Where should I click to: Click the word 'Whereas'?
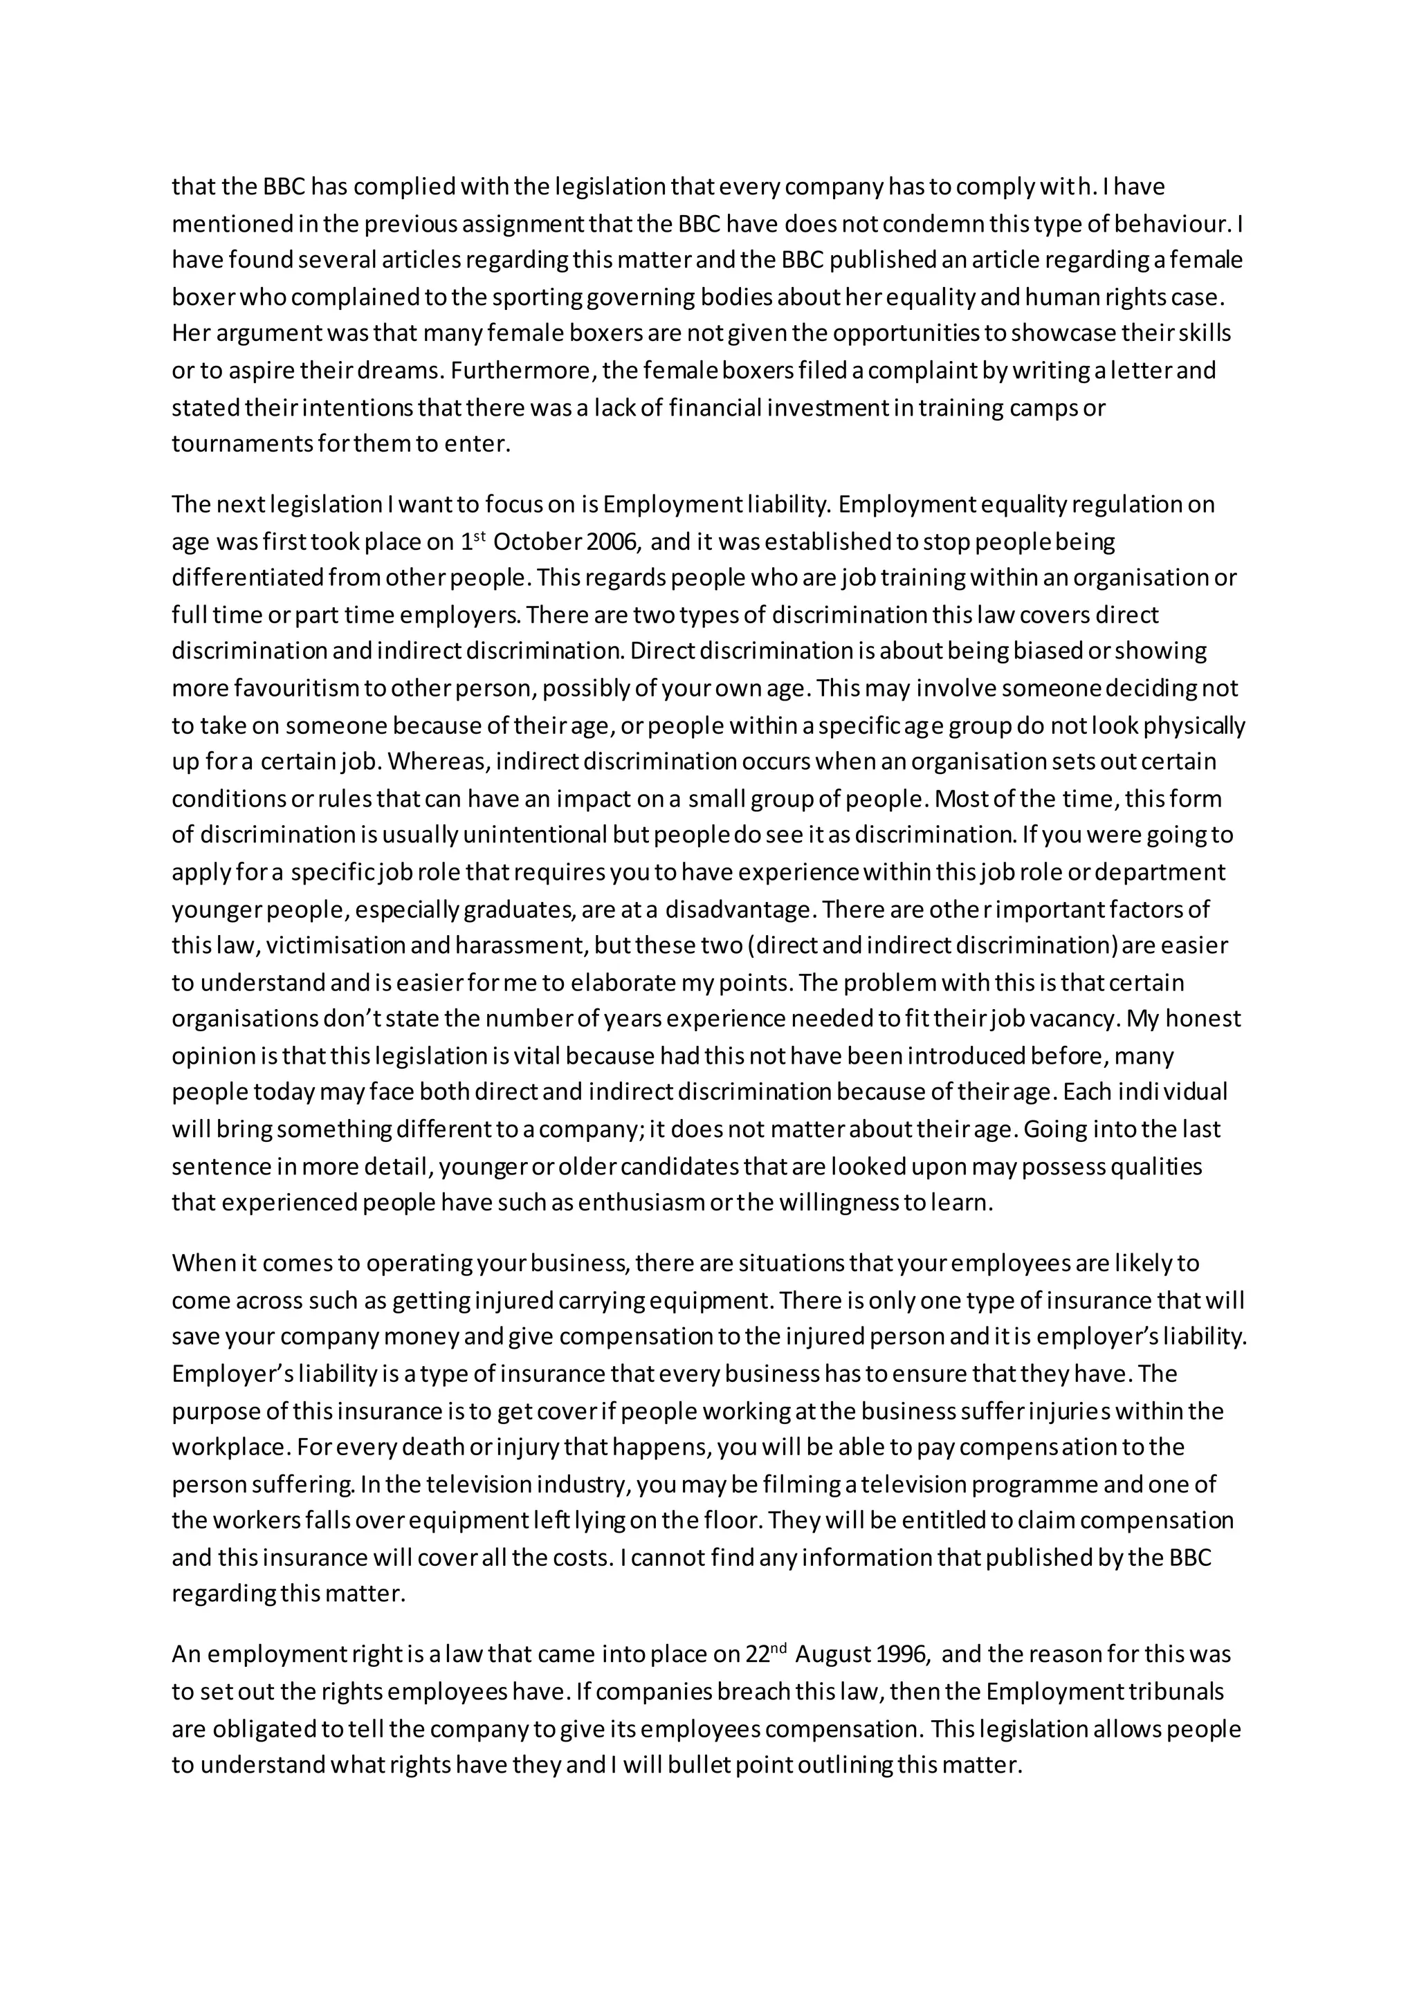[441, 761]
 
